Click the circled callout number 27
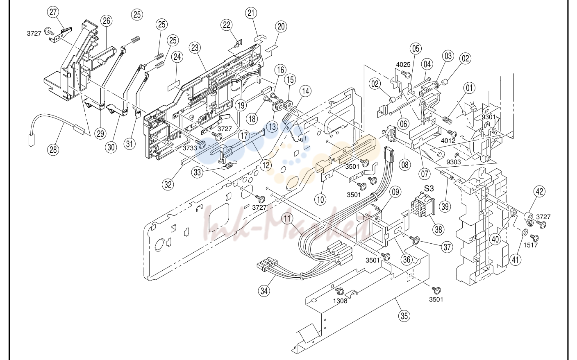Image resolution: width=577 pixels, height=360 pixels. pos(53,12)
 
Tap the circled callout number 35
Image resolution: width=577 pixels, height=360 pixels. pos(404,316)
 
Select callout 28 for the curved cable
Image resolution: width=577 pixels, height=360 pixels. pos(53,149)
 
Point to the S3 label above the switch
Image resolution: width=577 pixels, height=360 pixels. pos(429,189)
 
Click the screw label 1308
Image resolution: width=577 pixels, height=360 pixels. pos(340,301)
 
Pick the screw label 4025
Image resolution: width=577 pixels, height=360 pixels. pos(403,65)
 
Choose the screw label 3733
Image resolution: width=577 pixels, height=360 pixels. pos(190,148)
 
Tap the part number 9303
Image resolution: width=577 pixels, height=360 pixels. pos(454,162)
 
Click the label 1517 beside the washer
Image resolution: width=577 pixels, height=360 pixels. pos(531,245)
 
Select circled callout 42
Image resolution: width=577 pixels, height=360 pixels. pos(539,191)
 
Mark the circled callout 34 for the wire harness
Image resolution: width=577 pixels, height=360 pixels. pos(264,291)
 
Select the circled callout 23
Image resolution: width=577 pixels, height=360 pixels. pos(195,48)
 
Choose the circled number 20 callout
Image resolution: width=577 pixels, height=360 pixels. pos(281,27)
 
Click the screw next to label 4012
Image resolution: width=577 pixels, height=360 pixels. pos(452,133)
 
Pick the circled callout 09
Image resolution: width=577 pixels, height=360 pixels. pos(395,192)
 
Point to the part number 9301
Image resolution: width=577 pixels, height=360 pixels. pos(489,117)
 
